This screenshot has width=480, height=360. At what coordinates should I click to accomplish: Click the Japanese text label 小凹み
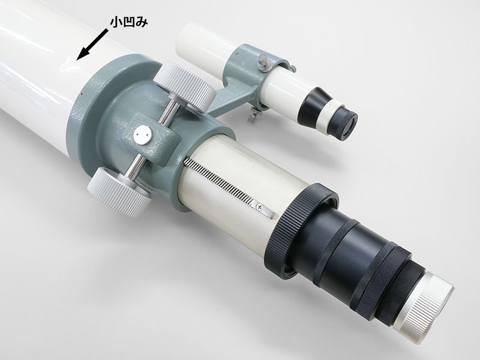[129, 22]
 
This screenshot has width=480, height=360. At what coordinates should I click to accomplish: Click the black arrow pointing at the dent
[92, 44]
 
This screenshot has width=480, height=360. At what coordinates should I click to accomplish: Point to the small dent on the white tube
[71, 66]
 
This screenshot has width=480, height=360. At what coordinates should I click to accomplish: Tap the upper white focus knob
[185, 85]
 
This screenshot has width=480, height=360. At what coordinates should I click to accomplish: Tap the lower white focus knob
[119, 191]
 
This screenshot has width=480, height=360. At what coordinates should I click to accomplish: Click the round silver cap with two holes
[143, 136]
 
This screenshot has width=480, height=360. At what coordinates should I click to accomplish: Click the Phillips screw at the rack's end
[260, 207]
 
